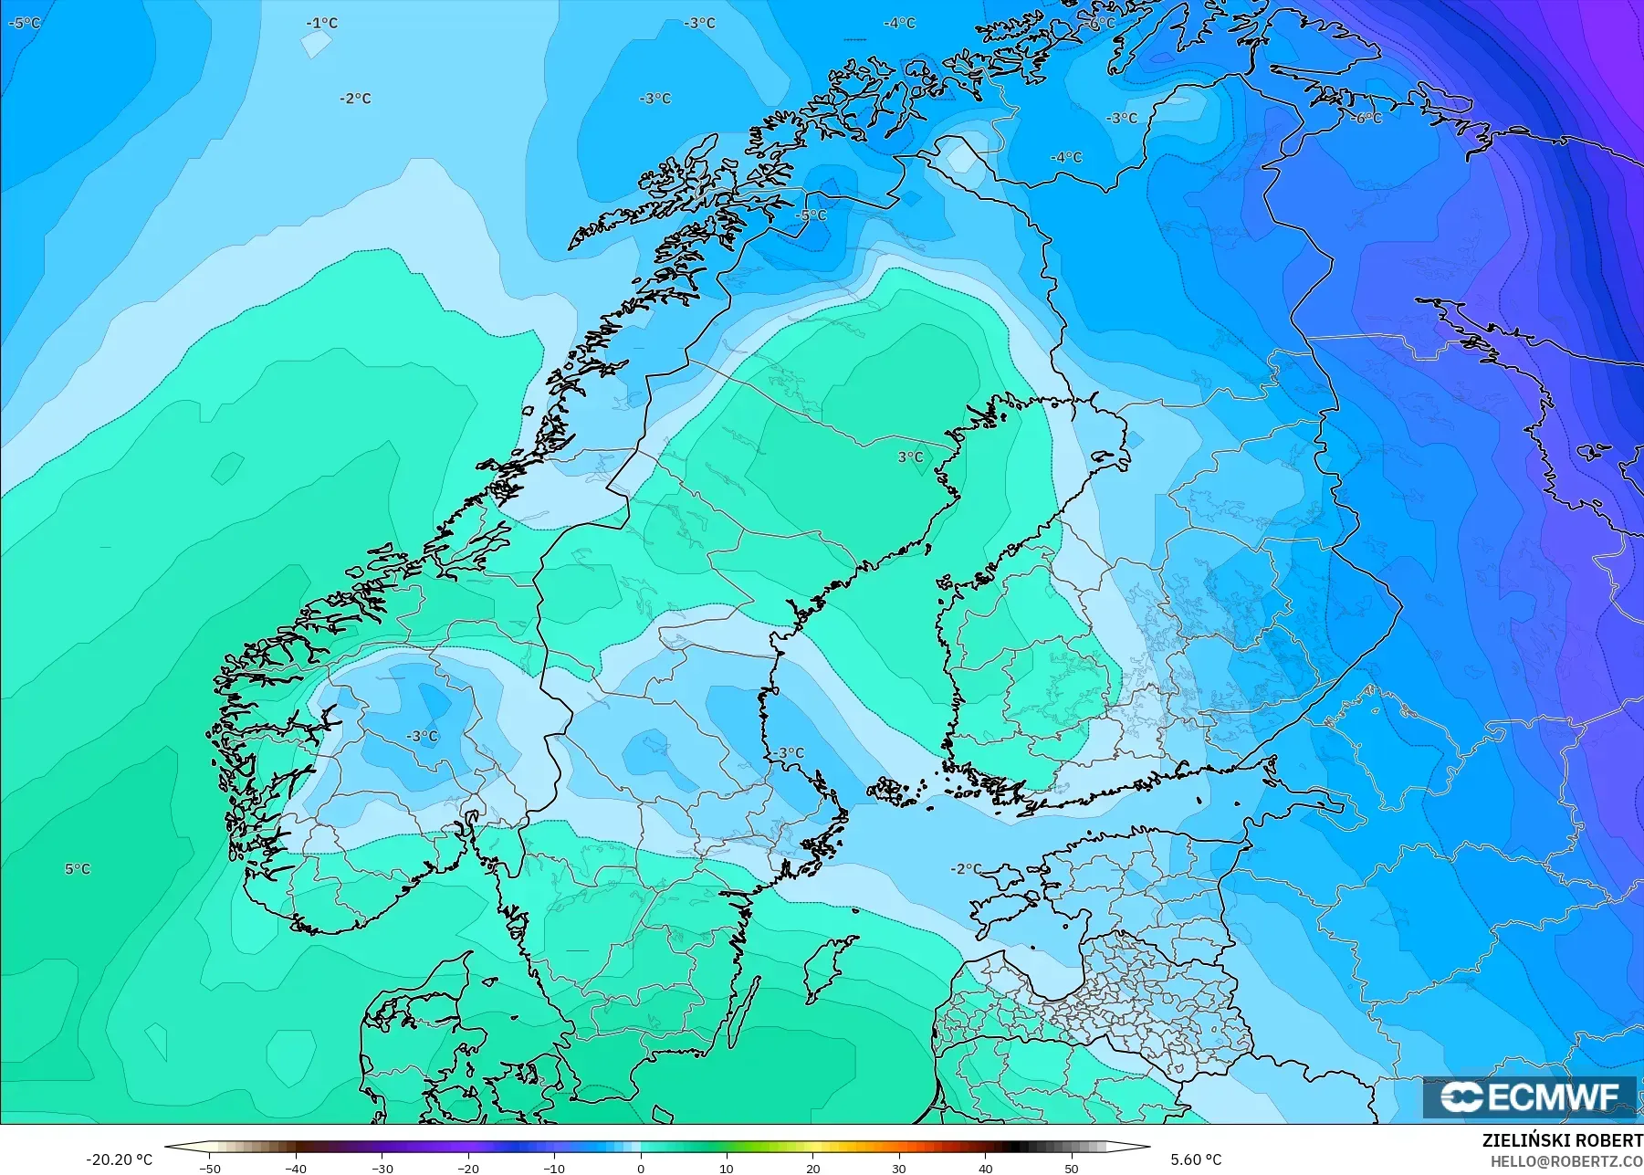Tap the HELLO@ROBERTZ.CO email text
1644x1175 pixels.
pyautogui.click(x=1566, y=1161)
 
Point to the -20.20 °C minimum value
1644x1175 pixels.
pyautogui.click(x=119, y=1159)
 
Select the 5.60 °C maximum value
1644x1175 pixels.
pyautogui.click(x=1196, y=1159)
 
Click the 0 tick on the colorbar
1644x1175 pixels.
pyautogui.click(x=641, y=1168)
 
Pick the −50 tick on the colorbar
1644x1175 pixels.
pyautogui.click(x=209, y=1168)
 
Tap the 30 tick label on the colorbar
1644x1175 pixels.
pyautogui.click(x=899, y=1168)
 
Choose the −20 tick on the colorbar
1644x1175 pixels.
pyautogui.click(x=467, y=1168)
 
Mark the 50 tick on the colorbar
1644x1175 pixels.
pyautogui.click(x=1072, y=1168)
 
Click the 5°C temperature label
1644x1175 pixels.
pyautogui.click(x=78, y=869)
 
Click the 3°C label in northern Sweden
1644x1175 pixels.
pyautogui.click(x=910, y=457)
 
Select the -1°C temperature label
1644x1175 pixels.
pyautogui.click(x=321, y=24)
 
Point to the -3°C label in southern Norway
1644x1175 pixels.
pyautogui.click(x=422, y=736)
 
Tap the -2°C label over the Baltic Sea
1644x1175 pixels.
pyautogui.click(x=966, y=869)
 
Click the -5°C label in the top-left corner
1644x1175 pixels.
pyautogui.click(x=25, y=23)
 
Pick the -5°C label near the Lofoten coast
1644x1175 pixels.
pyautogui.click(x=811, y=215)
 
